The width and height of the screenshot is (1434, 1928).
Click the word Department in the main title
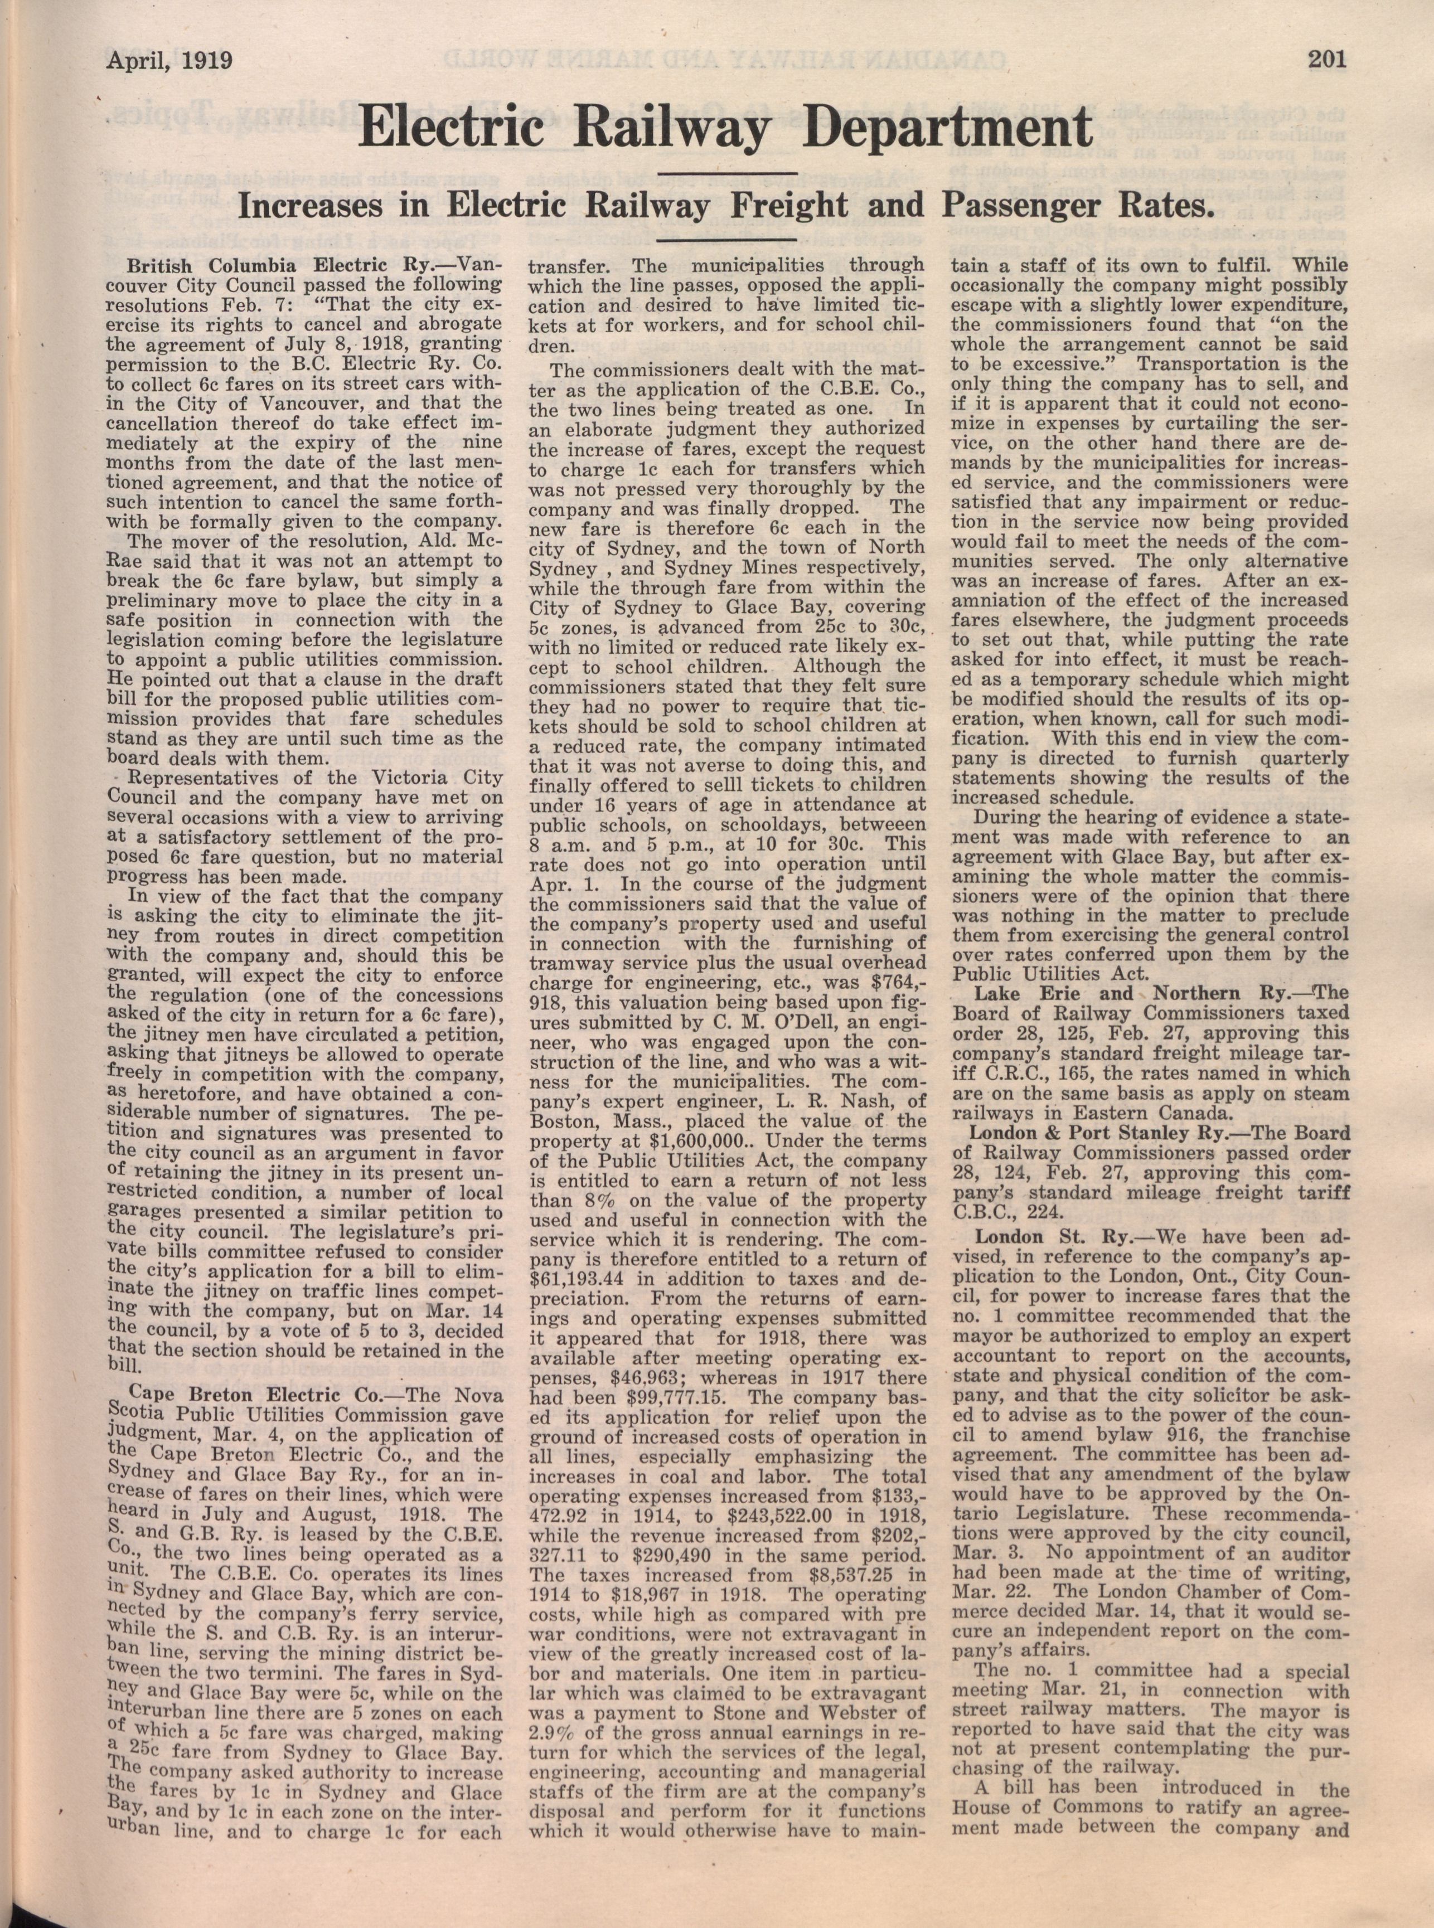948,128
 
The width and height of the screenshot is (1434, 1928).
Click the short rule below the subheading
728,240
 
